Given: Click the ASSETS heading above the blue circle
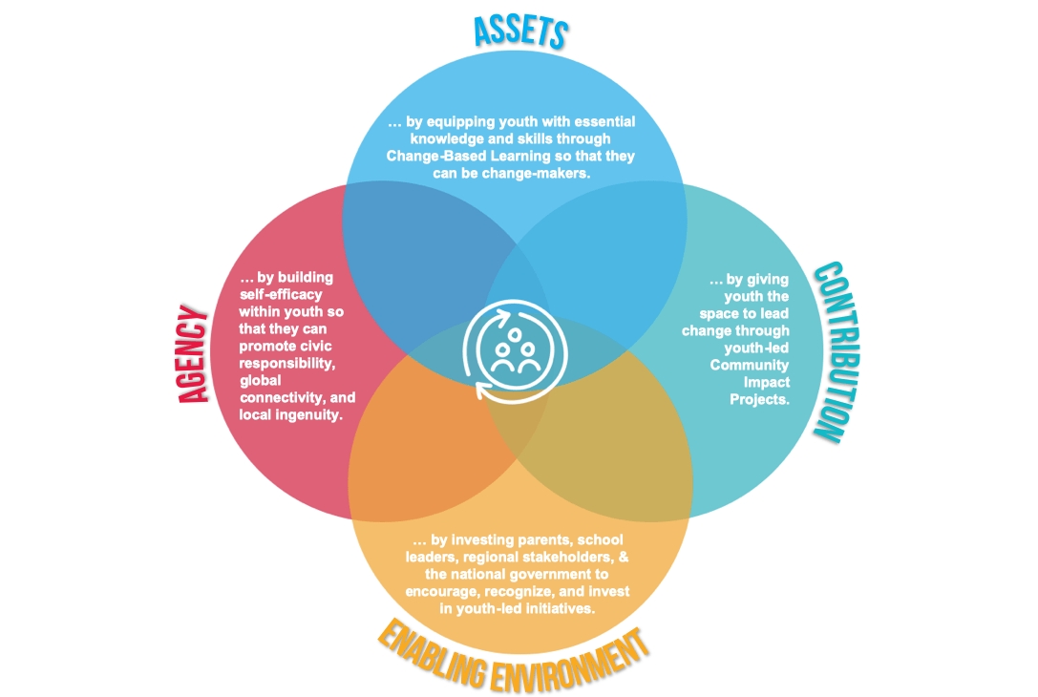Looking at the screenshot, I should [x=520, y=32].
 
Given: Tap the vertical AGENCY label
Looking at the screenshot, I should [x=194, y=354].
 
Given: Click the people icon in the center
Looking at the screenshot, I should [x=515, y=351].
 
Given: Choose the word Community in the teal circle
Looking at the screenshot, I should [x=750, y=365].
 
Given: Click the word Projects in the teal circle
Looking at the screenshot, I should [x=760, y=399].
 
